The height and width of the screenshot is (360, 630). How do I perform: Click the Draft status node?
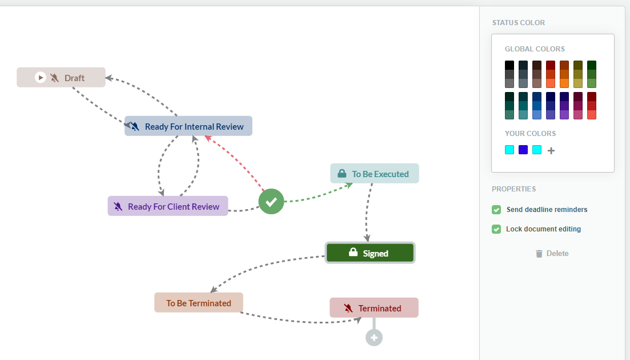click(61, 78)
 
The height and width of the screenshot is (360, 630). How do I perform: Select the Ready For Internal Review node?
click(188, 126)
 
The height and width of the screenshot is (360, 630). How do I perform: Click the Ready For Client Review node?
click(168, 206)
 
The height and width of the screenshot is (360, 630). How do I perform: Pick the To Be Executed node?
click(375, 174)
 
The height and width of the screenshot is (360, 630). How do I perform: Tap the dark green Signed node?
click(370, 253)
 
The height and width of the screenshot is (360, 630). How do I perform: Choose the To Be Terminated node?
click(199, 302)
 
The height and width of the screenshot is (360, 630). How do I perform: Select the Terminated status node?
click(374, 308)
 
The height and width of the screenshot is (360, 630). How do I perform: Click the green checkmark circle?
click(271, 201)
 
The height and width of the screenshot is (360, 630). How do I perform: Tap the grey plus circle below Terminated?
click(374, 338)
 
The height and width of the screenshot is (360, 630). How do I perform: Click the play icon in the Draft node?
click(40, 77)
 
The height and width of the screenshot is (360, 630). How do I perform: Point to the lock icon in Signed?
click(353, 252)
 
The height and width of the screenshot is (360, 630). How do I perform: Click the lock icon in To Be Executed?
click(342, 173)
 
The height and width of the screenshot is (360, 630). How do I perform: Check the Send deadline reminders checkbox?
click(496, 210)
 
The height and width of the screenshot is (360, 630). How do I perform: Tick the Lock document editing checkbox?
click(496, 229)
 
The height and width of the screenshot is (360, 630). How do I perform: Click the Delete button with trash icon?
click(552, 254)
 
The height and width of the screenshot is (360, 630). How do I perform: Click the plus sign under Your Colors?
click(551, 151)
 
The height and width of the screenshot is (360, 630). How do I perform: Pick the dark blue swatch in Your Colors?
click(523, 150)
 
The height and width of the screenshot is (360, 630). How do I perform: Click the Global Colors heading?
click(535, 49)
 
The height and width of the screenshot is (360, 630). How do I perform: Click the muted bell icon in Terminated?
click(348, 308)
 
